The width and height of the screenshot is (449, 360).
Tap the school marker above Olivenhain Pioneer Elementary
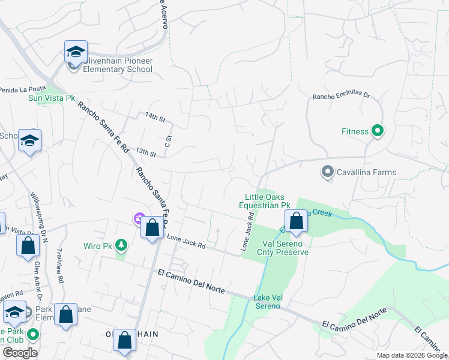pyautogui.click(x=76, y=51)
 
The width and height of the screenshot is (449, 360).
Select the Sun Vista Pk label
pyautogui.click(x=52, y=98)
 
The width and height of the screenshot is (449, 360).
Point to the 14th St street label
pyautogui.click(x=155, y=117)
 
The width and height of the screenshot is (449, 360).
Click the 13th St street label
pyautogui.click(x=146, y=152)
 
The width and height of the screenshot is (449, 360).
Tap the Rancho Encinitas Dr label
pyautogui.click(x=342, y=96)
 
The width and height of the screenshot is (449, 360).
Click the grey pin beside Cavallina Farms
pyautogui.click(x=327, y=172)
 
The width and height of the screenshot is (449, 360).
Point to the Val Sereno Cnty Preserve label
pyautogui.click(x=285, y=248)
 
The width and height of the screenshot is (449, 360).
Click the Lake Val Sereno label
pyautogui.click(x=267, y=302)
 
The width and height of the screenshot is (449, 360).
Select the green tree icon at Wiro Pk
pyautogui.click(x=122, y=245)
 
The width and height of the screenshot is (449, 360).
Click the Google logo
pyautogui.click(x=20, y=353)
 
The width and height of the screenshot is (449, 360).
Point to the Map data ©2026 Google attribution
pyautogui.click(x=411, y=355)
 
